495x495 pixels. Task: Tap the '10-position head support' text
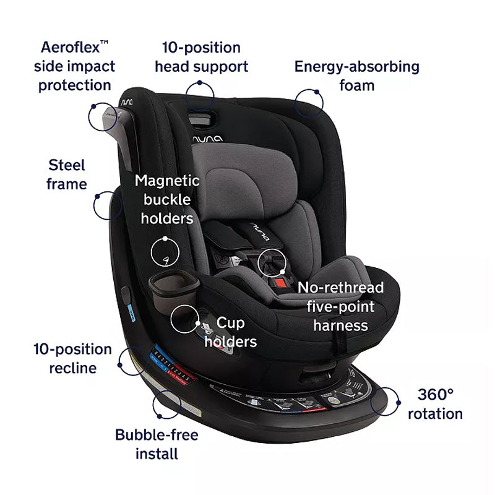tap(201, 56)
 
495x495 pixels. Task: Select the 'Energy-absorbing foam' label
tap(356, 75)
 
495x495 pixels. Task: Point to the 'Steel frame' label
tap(67, 174)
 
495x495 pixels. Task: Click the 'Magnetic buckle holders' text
tap(167, 199)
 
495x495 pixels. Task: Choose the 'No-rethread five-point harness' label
tap(341, 306)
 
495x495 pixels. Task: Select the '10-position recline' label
tap(73, 359)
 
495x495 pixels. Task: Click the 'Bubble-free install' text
tap(157, 444)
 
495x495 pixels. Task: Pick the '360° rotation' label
tap(435, 403)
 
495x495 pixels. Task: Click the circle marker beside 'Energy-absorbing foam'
tap(310, 102)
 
